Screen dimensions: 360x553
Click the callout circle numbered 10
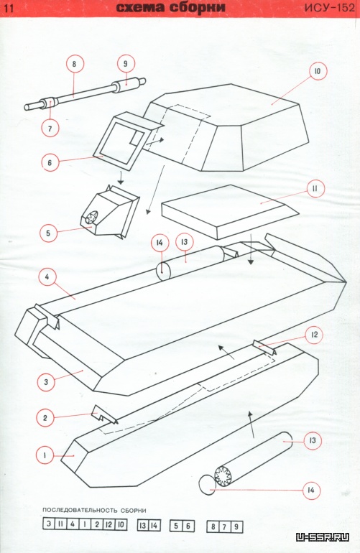318,72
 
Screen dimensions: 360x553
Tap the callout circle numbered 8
74,64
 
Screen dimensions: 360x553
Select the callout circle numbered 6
50,162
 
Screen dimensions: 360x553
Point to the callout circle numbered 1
45,455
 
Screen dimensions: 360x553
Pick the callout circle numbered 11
314,189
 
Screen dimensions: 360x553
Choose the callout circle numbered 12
314,335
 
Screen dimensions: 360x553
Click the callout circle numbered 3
46,382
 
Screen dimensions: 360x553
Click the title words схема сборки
170,8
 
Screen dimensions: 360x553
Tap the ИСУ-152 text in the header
329,8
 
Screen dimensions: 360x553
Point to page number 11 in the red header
9,8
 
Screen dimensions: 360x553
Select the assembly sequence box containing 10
120,524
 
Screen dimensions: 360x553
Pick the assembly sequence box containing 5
176,526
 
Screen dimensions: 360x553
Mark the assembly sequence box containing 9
236,527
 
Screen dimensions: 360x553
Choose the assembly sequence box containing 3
49,524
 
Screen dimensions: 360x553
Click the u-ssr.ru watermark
323,537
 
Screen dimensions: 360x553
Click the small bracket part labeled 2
103,415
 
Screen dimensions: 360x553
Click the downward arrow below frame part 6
120,177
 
